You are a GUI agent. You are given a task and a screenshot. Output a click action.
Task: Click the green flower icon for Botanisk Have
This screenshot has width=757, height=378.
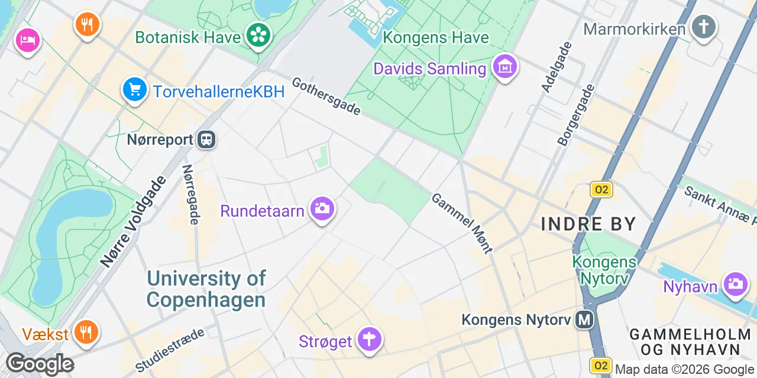click(258, 35)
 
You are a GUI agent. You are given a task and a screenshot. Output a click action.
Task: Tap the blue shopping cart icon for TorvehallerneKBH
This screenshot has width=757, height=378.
click(135, 90)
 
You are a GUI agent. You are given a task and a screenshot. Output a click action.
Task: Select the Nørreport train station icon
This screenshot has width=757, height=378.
click(207, 140)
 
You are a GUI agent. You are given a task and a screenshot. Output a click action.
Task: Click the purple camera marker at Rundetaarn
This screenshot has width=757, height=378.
click(322, 208)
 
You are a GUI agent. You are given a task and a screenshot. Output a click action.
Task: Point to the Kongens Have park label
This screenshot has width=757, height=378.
click(436, 38)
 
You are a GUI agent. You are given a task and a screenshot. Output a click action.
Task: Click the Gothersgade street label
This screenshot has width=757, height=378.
click(326, 96)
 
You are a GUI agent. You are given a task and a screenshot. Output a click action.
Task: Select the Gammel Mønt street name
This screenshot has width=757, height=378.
click(462, 223)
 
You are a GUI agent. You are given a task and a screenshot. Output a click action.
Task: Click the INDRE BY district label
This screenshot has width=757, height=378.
click(588, 224)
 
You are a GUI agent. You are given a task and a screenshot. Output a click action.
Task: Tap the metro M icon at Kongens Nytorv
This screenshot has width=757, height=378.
click(585, 320)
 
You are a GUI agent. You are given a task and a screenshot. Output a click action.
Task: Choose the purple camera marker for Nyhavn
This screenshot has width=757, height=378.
click(735, 283)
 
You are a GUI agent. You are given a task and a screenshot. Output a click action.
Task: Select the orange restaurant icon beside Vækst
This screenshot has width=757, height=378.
click(86, 332)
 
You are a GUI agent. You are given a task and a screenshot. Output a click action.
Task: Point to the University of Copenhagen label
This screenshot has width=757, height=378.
click(206, 289)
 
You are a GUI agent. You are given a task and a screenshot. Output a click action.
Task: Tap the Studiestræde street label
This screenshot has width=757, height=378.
click(170, 350)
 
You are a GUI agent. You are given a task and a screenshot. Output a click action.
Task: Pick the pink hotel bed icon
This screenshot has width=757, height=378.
click(28, 40)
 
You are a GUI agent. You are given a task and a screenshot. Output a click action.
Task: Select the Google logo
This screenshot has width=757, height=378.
click(40, 363)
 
